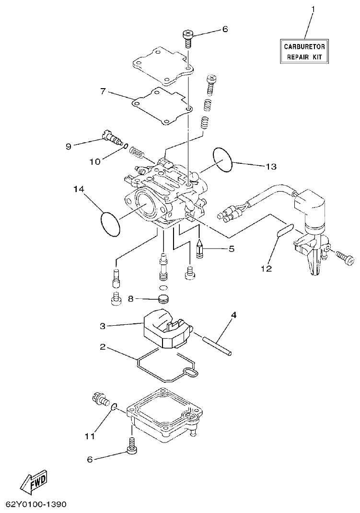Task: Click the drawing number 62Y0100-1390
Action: [x=36, y=504]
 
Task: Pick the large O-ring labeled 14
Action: [x=110, y=224]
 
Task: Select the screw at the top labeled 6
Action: [x=188, y=37]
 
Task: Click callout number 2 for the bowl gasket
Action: [x=102, y=346]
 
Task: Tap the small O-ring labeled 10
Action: [x=126, y=147]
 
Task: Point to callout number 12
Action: [x=266, y=268]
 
